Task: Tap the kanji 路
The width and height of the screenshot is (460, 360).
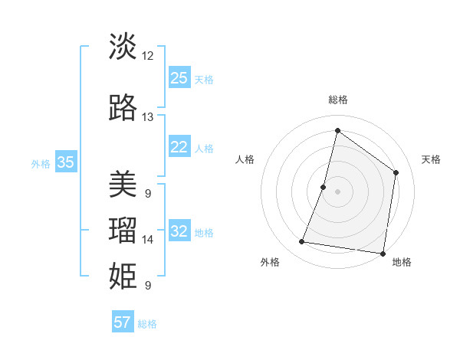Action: coord(123,108)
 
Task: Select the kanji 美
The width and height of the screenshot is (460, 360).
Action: coord(123,184)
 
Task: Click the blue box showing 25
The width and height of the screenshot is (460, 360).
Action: coord(179,78)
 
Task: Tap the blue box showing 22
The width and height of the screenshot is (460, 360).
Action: coord(179,147)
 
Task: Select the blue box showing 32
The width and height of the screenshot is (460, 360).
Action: coord(179,231)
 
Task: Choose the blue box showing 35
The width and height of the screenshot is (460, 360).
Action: coord(66,162)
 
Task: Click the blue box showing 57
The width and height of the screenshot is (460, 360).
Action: coord(123,322)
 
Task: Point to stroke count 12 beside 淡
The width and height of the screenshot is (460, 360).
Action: coord(148,55)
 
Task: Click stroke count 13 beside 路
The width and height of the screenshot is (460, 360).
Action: coord(148,117)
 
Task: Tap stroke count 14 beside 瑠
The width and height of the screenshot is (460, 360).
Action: coord(148,240)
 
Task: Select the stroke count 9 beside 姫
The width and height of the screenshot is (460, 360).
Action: coord(148,286)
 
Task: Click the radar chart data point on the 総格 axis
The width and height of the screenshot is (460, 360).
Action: coord(337,130)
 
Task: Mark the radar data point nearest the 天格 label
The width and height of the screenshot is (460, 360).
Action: coord(396,172)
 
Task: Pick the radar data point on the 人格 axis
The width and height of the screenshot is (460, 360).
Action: coord(324,187)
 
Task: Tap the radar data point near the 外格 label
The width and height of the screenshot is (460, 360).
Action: coord(302,242)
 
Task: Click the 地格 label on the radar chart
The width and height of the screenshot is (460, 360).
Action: coord(402,263)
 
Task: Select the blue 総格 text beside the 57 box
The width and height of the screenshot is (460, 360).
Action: coord(147,324)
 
